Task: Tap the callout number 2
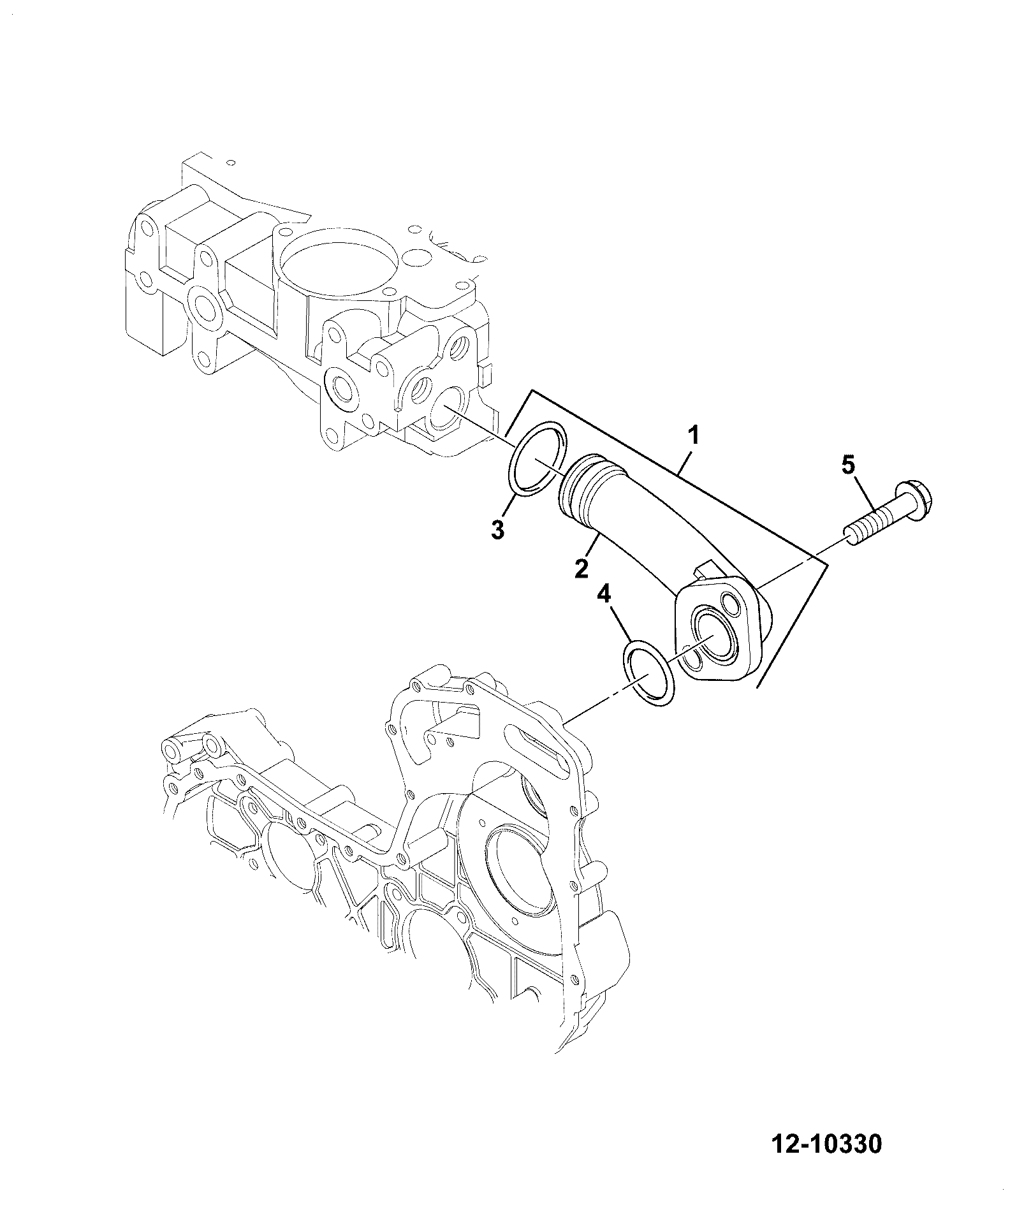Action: pos(581,567)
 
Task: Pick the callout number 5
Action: pos(848,465)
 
